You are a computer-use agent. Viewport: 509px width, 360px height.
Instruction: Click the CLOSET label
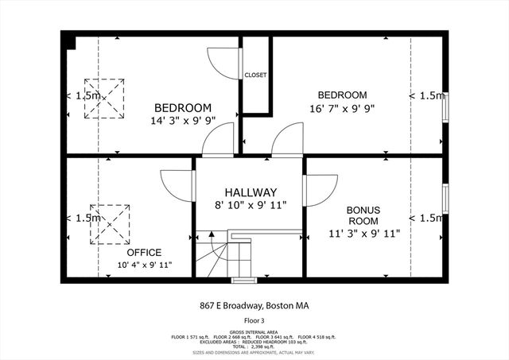[255, 75]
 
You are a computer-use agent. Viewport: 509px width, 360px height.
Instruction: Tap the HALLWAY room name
[250, 192]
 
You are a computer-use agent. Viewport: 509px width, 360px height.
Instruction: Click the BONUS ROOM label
[363, 215]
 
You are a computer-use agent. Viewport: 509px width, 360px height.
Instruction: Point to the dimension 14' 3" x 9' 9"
[183, 121]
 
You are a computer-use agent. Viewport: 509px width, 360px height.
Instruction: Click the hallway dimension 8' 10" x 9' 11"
[250, 206]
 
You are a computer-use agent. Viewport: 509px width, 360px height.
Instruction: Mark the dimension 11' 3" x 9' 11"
[363, 234]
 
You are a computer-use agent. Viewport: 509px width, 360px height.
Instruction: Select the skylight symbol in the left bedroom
[107, 96]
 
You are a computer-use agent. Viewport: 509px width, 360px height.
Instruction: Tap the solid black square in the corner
[69, 41]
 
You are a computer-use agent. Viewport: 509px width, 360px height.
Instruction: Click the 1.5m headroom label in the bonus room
[426, 218]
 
